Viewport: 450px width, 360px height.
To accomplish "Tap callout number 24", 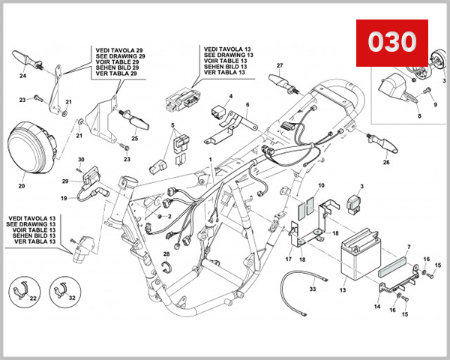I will pos(22,76).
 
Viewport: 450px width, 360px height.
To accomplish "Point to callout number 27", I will pos(279,65).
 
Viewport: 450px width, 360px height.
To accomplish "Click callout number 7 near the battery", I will pos(409,246).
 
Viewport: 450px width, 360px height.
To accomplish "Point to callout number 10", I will pos(320,185).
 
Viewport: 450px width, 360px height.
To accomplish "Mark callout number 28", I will pos(166,254).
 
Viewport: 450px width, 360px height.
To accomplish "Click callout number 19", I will pos(64,198).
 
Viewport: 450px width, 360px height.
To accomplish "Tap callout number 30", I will pos(81,160).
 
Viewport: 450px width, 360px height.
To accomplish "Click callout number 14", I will pos(376,307).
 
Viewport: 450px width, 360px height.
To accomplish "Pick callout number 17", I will pos(288,259).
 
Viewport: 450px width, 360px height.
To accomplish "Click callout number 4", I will pos(230,96).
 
